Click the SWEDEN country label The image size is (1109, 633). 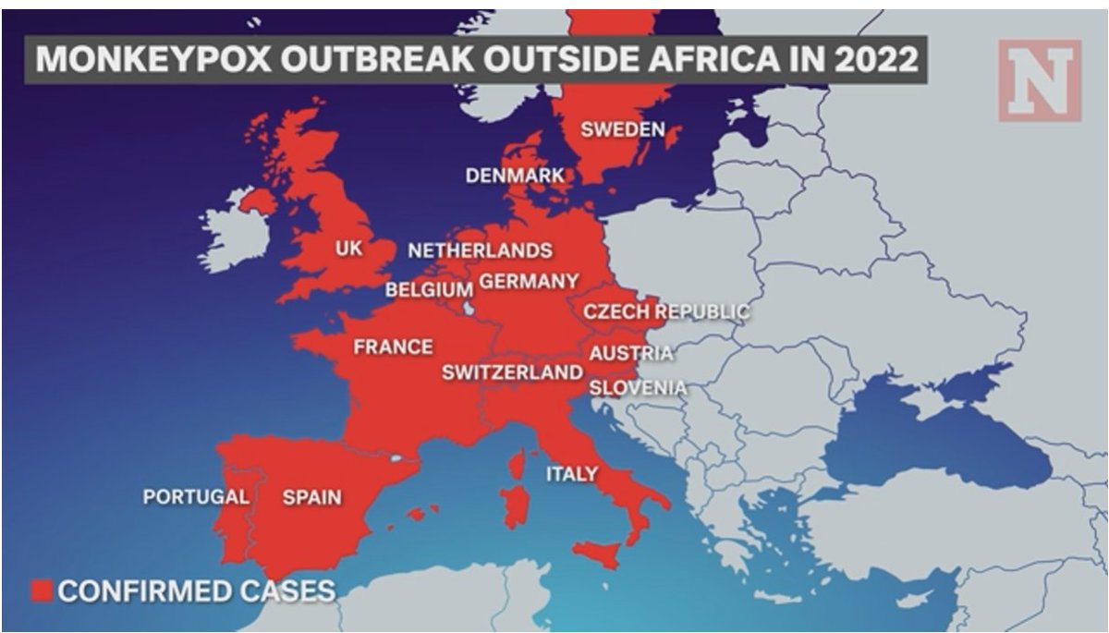click(622, 129)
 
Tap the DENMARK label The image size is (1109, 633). click(515, 176)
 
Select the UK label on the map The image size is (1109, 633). click(348, 250)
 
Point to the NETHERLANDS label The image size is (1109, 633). click(480, 250)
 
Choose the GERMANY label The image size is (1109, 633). click(530, 281)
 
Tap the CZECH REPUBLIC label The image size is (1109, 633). click(665, 312)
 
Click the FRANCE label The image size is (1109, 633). click(393, 347)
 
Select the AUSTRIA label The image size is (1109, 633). click(631, 353)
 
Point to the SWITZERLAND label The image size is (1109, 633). click(512, 372)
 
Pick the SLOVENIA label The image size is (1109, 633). click(638, 387)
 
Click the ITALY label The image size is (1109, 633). click(571, 474)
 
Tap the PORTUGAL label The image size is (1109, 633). click(196, 497)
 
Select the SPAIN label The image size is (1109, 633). click(311, 497)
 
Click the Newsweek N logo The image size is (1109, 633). click(1039, 80)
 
